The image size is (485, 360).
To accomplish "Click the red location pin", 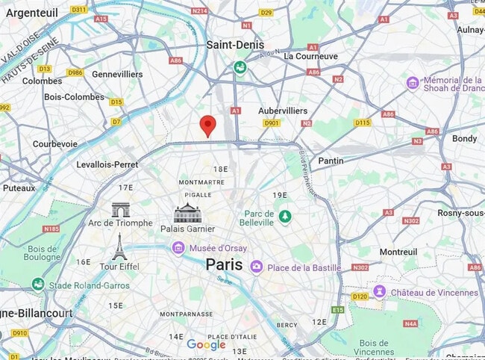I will coord(208,125).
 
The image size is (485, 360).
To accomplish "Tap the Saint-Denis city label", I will coord(239,45).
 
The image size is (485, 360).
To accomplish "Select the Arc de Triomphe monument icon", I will coord(120,210).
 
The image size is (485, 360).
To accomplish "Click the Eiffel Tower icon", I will coord(119,246).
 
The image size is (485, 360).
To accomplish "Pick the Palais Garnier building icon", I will coord(187,213).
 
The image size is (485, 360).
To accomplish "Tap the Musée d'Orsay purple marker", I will coord(178,248).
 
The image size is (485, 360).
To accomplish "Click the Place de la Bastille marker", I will coord(257,267).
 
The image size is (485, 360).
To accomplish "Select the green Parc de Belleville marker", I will coord(284,217).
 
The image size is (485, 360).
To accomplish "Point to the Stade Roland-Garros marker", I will coord(38,285).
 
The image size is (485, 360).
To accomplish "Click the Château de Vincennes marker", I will coord(380,291).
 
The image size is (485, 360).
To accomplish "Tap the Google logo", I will coord(206,344).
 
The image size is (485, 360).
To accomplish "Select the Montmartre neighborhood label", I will coord(201,182).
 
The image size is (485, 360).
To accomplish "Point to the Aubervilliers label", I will coord(283,111).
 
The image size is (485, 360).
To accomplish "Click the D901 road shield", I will coord(271,123).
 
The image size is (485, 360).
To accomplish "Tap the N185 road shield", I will coord(51,229).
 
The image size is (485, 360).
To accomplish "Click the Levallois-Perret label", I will coord(107,164).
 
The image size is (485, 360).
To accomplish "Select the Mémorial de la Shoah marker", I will coord(413,83).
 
